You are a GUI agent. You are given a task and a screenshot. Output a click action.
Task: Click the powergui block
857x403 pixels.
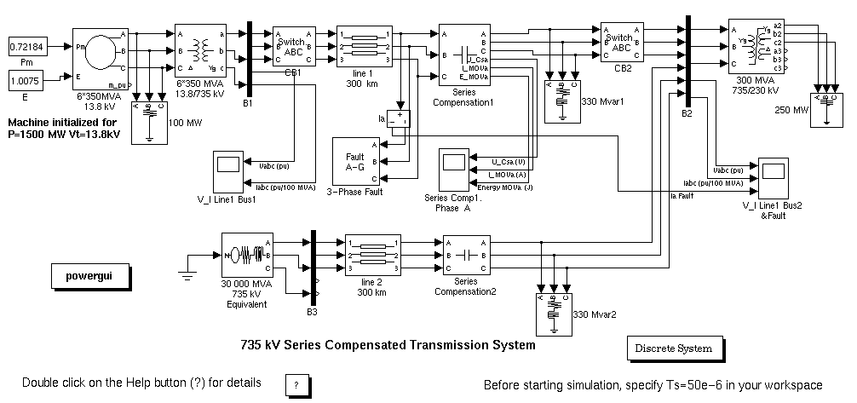(89, 275)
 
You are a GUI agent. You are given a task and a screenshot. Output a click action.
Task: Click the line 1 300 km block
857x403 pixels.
(363, 47)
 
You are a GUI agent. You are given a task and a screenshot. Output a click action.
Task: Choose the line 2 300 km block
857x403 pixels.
(363, 256)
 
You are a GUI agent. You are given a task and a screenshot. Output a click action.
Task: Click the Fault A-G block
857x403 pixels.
(354, 162)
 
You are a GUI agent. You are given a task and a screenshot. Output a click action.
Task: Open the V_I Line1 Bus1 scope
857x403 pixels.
(227, 170)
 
